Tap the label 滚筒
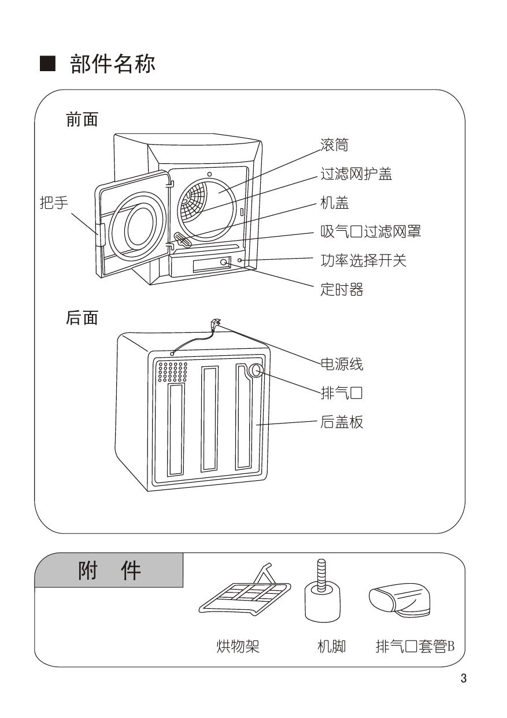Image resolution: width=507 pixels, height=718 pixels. click(x=334, y=145)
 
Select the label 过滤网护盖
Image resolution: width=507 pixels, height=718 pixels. click(x=356, y=174)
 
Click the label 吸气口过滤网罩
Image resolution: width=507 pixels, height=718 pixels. click(x=370, y=231)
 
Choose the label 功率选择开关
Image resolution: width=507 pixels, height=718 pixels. click(x=363, y=260)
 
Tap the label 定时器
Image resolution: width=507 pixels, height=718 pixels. click(x=341, y=289)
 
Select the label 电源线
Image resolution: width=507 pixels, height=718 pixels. click(x=341, y=365)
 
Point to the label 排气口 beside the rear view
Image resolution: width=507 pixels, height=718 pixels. click(x=341, y=394)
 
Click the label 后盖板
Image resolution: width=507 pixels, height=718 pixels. click(x=341, y=422)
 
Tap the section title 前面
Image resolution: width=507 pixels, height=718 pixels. click(x=82, y=120)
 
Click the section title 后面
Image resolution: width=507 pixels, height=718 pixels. click(x=82, y=318)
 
